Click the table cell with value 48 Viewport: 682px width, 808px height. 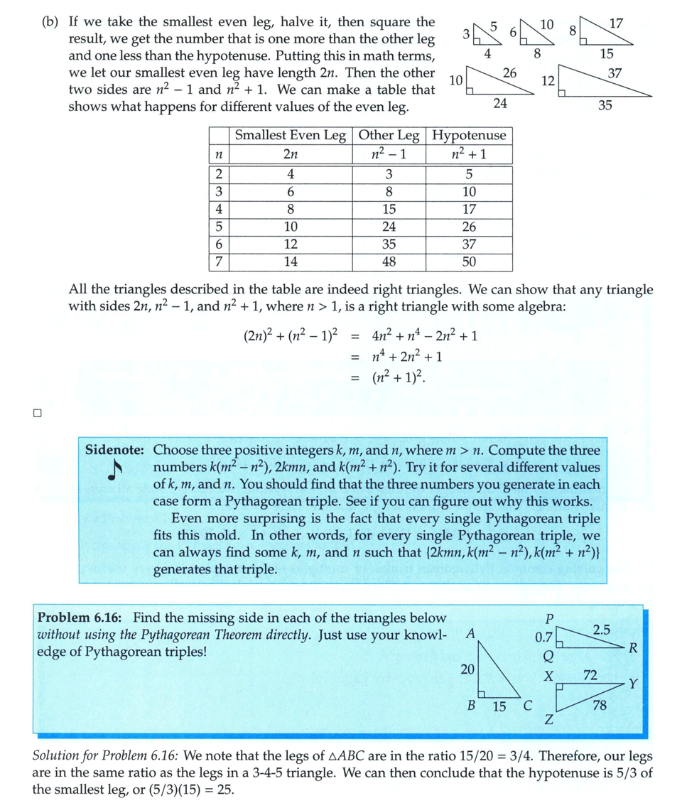pos(389,262)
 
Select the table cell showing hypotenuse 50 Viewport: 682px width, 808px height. pos(469,262)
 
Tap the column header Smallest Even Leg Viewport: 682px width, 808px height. pos(291,135)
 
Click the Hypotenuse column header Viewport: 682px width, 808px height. pos(470,135)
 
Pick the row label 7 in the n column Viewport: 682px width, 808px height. pos(219,262)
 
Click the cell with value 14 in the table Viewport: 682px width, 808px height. pos(291,262)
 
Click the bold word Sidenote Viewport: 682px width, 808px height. pos(115,450)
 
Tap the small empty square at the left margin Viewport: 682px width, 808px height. pos(38,412)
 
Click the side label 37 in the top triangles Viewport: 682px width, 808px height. pos(615,72)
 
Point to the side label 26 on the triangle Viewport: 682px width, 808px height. pos(509,72)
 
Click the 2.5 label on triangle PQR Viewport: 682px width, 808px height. pos(601,629)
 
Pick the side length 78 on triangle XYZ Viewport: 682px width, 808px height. pos(600,706)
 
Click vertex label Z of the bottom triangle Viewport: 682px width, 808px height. pos(548,721)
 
